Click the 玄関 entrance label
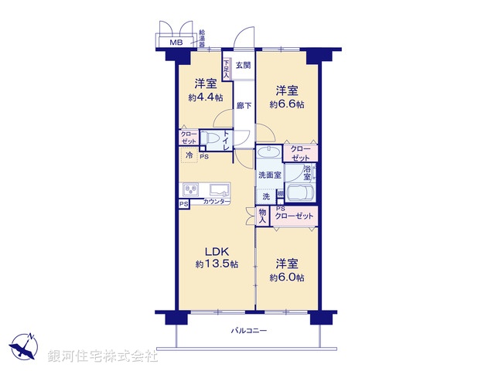tap(243, 66)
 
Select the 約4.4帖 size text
tap(205, 98)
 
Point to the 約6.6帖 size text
tap(287, 104)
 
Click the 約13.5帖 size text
tap(217, 264)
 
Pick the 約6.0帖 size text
tap(287, 277)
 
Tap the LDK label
tap(217, 251)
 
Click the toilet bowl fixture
tap(210, 139)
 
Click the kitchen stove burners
tap(192, 189)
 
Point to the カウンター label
tap(216, 202)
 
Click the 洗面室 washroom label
tap(269, 175)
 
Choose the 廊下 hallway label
tap(243, 106)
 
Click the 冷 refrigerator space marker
tap(189, 154)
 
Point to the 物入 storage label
tap(263, 216)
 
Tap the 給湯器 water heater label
tap(203, 38)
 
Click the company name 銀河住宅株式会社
tap(103, 357)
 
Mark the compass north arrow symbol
tap(26, 344)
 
